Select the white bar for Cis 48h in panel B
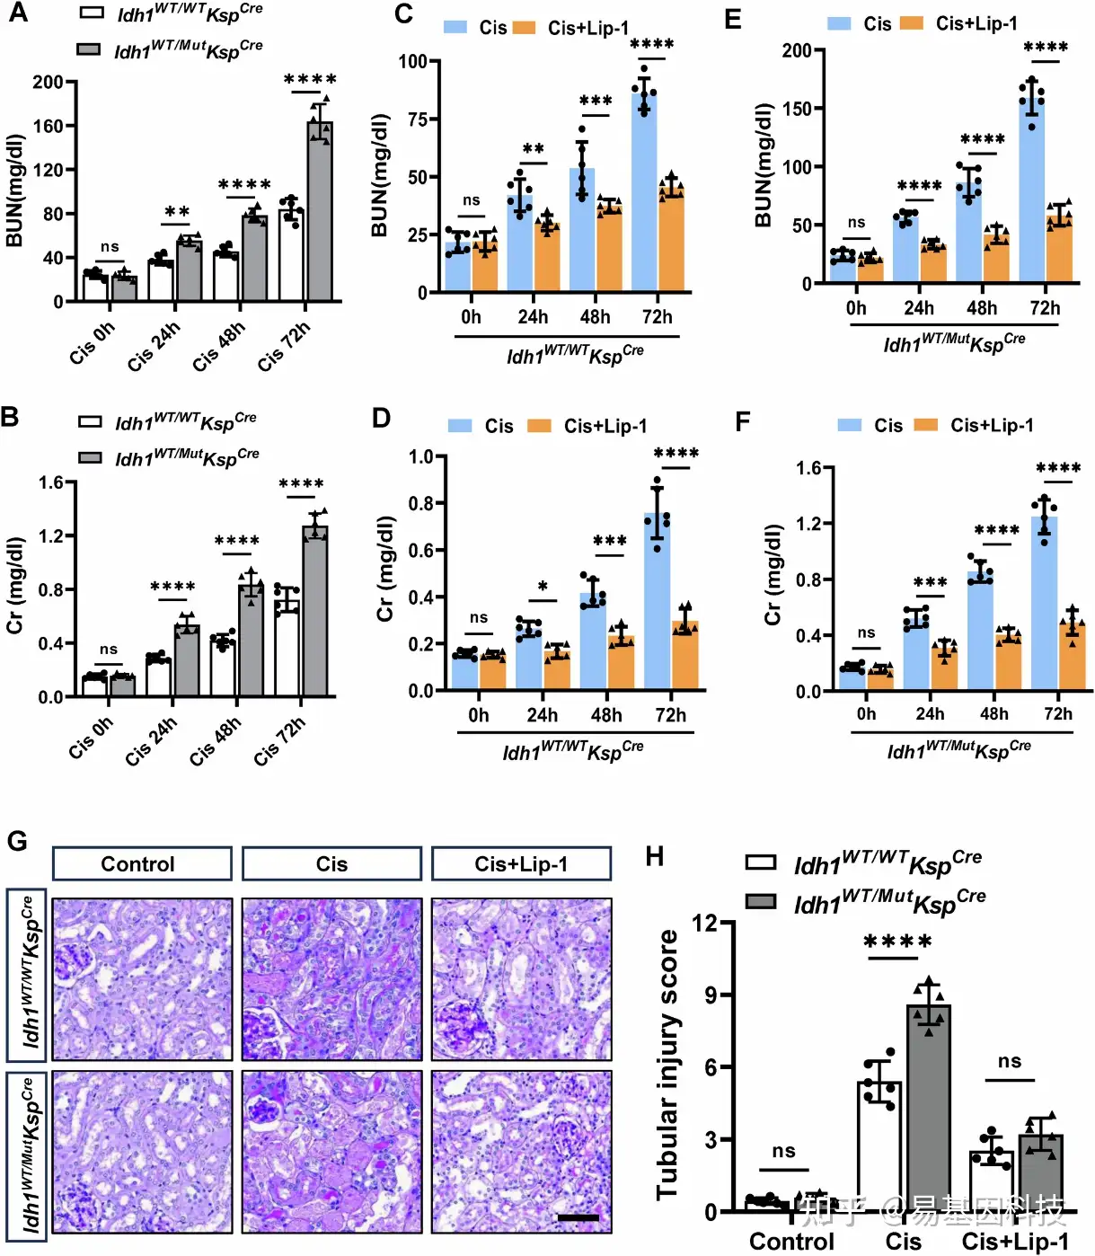tap(223, 668)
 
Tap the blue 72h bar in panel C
tap(644, 193)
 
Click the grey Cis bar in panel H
tap(929, 1110)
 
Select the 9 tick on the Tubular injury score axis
tap(711, 995)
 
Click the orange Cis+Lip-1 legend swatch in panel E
tap(911, 23)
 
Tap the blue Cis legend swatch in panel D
tap(460, 426)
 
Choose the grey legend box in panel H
tap(761, 900)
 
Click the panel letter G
tap(17, 842)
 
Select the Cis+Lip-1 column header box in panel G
tap(521, 864)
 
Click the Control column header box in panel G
tap(142, 864)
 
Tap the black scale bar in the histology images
tap(578, 1218)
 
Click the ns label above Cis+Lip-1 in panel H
tap(1010, 1061)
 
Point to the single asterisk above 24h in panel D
tap(543, 587)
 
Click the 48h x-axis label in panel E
tap(982, 308)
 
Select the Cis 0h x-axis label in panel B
tap(91, 738)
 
